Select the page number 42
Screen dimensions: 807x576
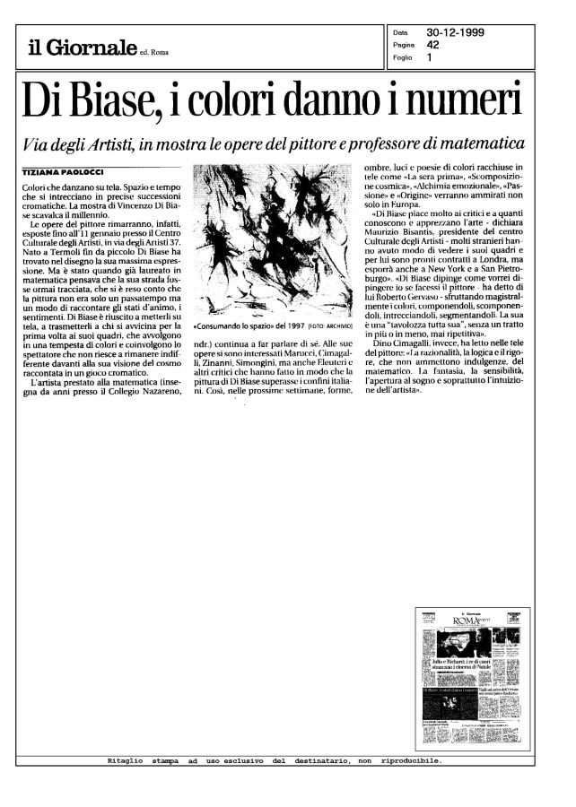[432, 45]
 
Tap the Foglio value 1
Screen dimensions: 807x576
[430, 58]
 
